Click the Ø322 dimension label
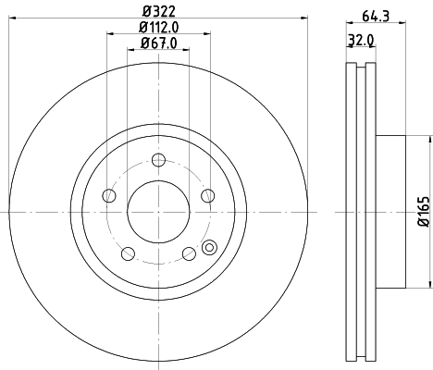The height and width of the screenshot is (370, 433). click(x=157, y=12)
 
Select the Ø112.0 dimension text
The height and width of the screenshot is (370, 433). click(x=158, y=28)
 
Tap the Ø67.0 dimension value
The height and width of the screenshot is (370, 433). click(x=158, y=44)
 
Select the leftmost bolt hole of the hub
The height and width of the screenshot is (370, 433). click(x=108, y=195)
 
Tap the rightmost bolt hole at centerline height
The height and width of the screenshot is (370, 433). click(x=207, y=195)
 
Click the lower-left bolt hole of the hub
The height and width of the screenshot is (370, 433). click(x=127, y=252)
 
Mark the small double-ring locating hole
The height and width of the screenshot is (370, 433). click(x=208, y=247)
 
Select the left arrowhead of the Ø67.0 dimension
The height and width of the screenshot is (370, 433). click(x=130, y=53)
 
